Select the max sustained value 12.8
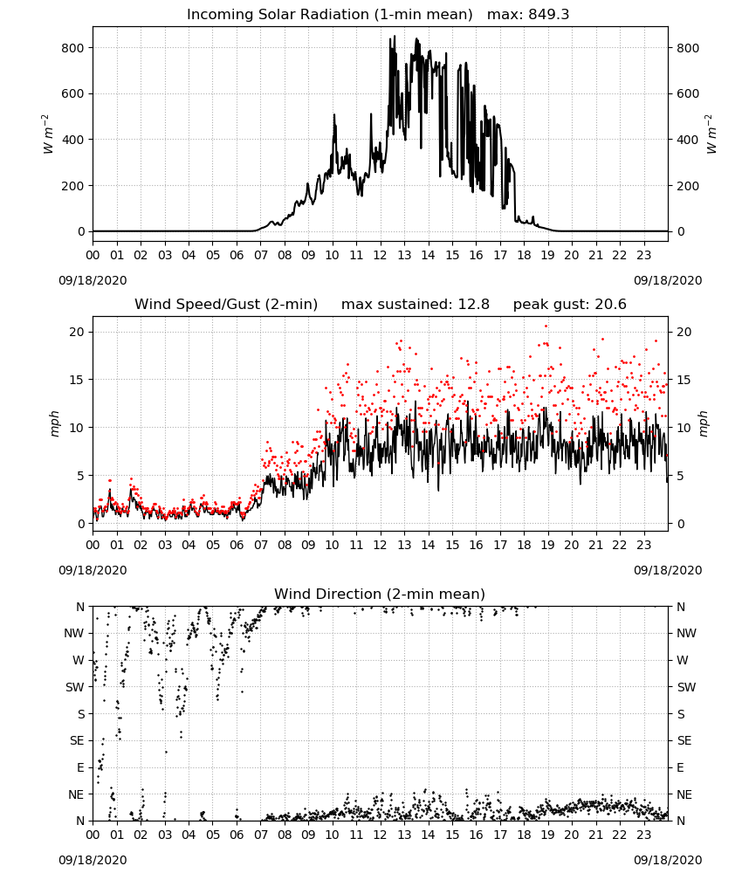click(474, 305)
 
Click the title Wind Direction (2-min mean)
click(380, 594)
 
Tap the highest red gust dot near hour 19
click(546, 327)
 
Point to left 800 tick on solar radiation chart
click(72, 48)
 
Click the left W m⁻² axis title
click(47, 134)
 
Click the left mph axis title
click(54, 423)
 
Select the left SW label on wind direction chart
click(74, 687)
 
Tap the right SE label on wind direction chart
click(684, 740)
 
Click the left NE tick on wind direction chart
click(76, 794)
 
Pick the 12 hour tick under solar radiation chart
click(381, 256)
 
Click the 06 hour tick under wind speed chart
click(237, 545)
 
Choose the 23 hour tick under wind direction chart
click(643, 835)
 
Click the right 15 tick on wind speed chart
click(684, 380)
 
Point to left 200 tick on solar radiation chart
click(72, 186)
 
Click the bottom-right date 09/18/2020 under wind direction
click(668, 860)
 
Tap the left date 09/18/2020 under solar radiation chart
click(93, 280)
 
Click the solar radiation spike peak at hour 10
click(334, 114)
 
